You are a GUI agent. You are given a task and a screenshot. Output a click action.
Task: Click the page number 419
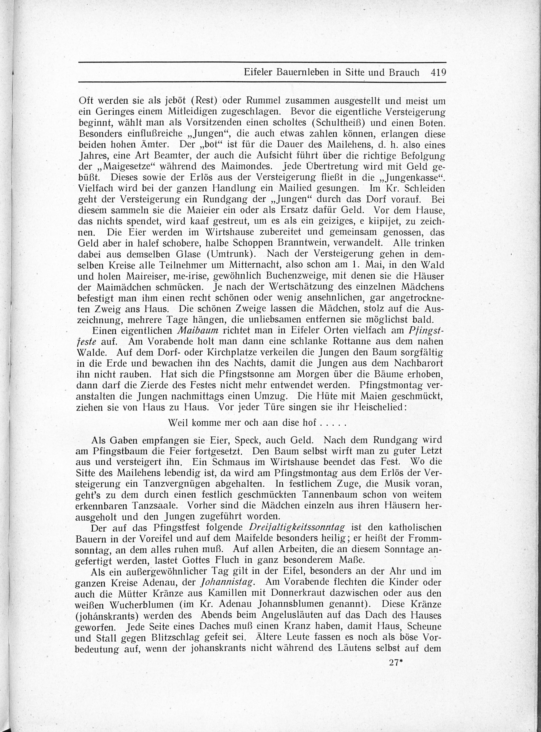438,72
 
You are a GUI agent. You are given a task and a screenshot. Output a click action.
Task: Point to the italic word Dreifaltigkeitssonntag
297,528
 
